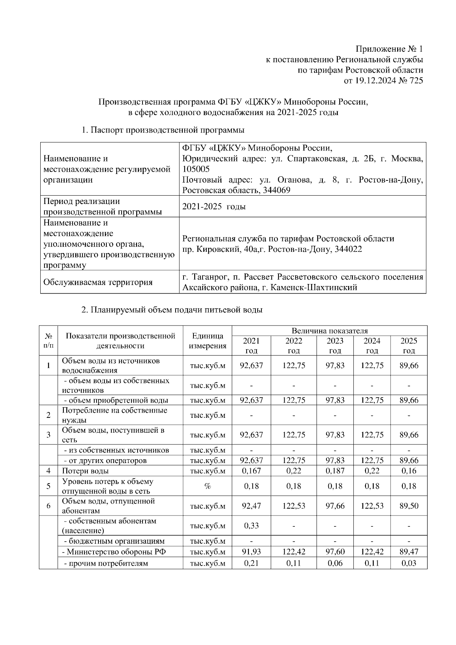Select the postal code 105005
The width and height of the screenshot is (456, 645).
click(196, 169)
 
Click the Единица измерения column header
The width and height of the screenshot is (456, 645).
click(207, 341)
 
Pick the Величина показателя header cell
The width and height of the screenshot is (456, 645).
click(329, 331)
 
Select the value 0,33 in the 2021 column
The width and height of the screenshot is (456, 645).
click(251, 526)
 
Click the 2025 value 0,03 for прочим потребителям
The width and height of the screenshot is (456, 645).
click(409, 563)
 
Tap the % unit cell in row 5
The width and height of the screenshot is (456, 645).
click(207, 486)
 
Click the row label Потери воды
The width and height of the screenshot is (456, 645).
click(85, 471)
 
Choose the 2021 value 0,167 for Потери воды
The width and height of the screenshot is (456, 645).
click(251, 471)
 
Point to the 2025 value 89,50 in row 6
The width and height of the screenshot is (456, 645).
click(409, 506)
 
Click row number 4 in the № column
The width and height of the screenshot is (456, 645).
click(48, 471)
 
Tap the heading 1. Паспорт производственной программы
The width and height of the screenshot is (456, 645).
click(163, 130)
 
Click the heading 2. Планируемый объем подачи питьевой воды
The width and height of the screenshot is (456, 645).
click(172, 310)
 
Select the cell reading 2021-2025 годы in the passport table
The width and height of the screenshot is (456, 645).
click(214, 207)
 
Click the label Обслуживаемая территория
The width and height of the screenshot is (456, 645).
click(98, 282)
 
